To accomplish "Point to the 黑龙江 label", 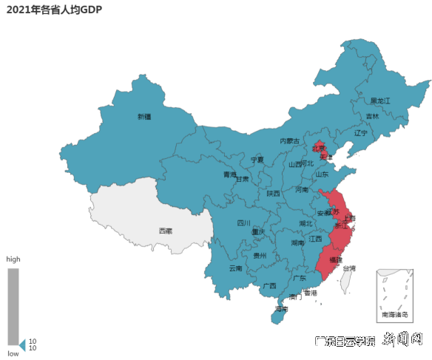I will (x=380, y=101).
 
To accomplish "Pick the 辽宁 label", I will (x=360, y=134).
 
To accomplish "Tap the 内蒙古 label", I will (x=290, y=141).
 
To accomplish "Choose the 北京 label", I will (x=318, y=147).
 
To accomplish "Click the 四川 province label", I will (x=243, y=223).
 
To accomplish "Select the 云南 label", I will (x=235, y=268).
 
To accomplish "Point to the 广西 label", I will (x=269, y=285).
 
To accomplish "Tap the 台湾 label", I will (x=348, y=268).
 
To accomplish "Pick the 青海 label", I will (x=231, y=175).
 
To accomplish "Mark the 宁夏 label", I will (x=257, y=160).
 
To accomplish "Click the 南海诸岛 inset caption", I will (x=394, y=315).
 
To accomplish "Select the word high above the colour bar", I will (x=13, y=259).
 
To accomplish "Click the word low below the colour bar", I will (x=13, y=354).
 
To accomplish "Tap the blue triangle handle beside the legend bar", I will (x=22, y=344).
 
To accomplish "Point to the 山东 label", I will (x=322, y=175).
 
